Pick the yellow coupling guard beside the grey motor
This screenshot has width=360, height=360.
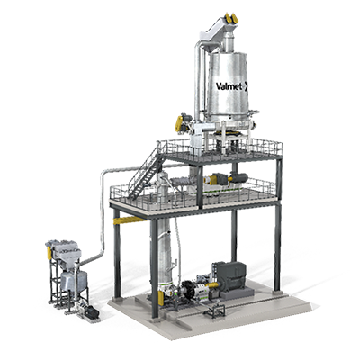click(213, 289)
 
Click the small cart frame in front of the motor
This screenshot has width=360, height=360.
click(216, 310)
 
